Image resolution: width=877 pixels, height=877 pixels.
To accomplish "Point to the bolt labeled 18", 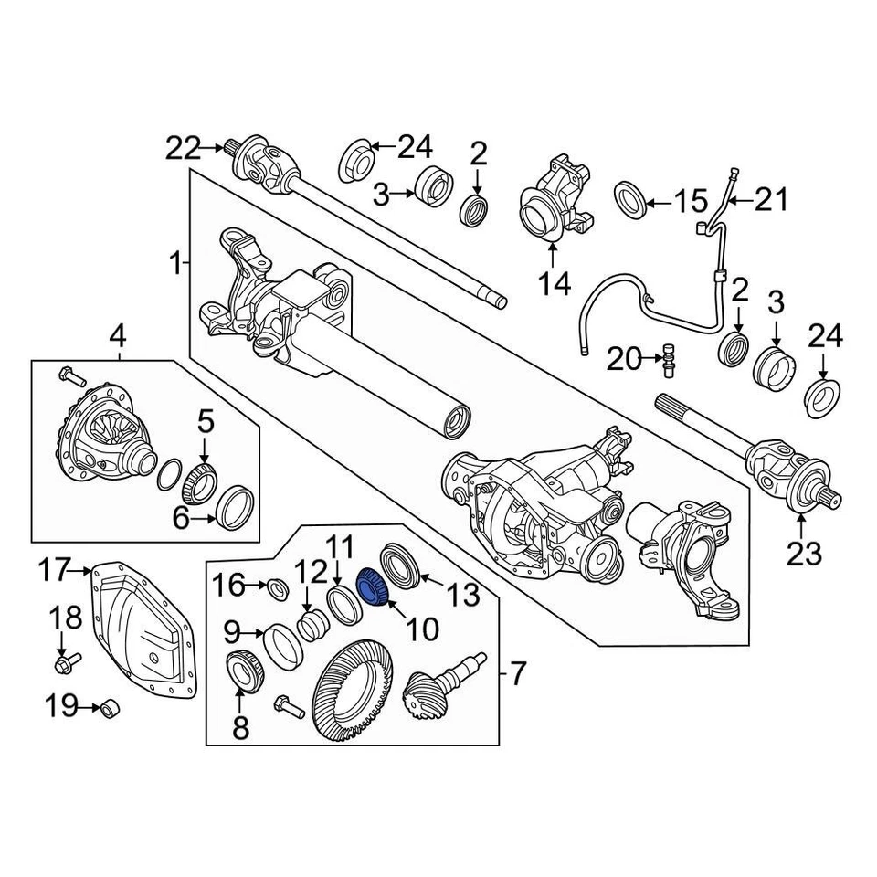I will [x=66, y=660].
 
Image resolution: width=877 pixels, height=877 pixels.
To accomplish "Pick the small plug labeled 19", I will [x=109, y=708].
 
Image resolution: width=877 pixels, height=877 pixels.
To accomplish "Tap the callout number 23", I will [x=800, y=553].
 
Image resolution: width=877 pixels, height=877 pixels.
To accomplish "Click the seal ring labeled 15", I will [x=630, y=199].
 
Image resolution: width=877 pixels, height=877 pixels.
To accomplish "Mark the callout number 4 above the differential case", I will [x=118, y=338].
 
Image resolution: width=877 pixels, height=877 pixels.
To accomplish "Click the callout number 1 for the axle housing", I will [x=175, y=265].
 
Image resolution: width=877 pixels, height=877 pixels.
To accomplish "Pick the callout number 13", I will [x=462, y=597].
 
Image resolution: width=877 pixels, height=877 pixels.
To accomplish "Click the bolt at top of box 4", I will [x=69, y=375].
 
